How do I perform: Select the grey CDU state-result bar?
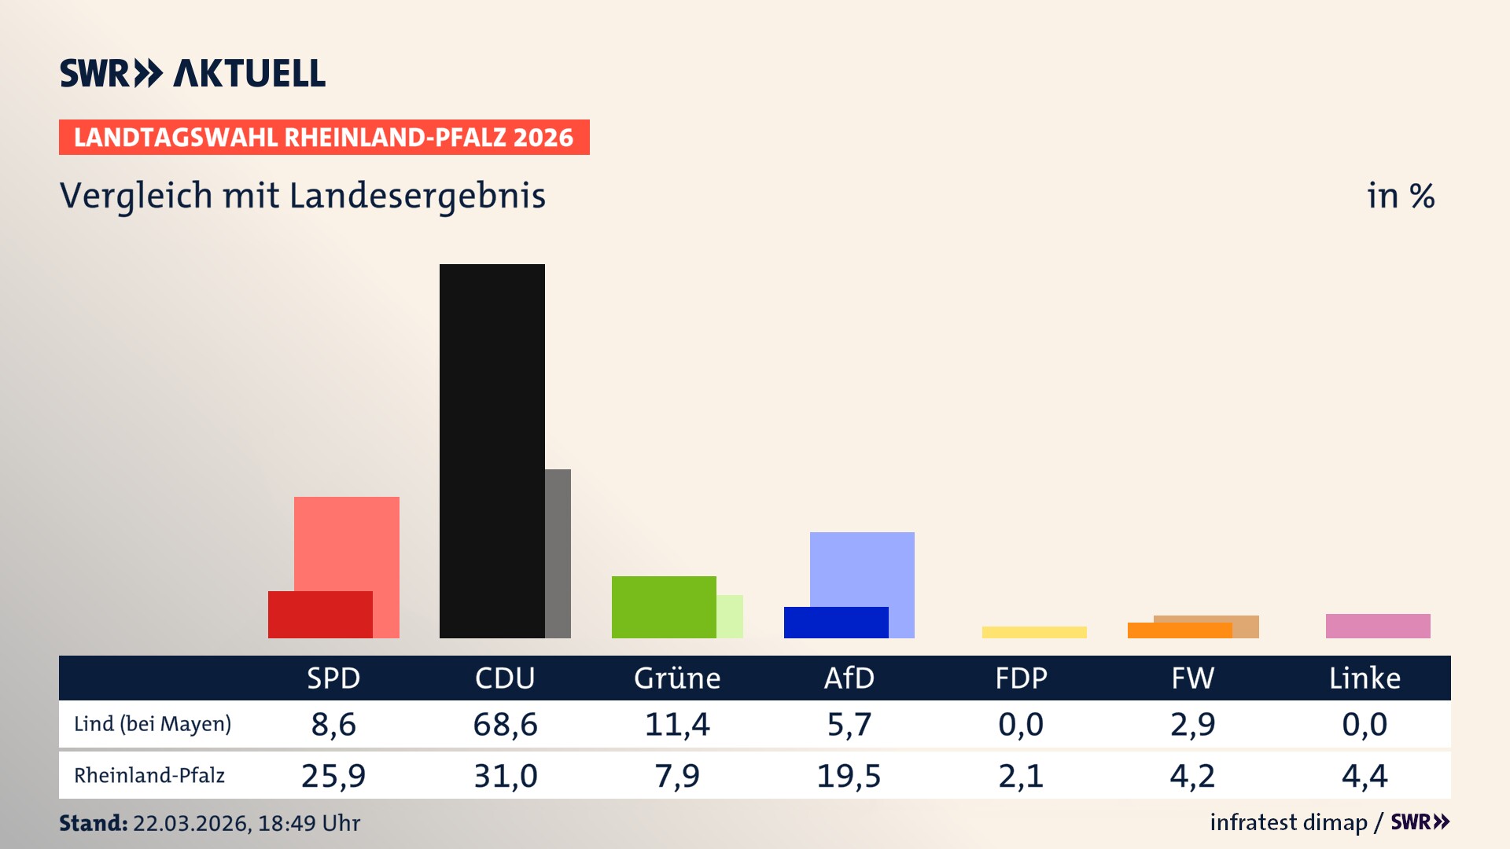[x=558, y=553]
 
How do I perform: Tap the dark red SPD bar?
[x=320, y=615]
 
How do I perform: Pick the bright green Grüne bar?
[x=664, y=607]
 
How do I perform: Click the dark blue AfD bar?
[x=836, y=623]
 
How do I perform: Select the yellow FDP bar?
[x=1034, y=632]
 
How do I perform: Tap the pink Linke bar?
[x=1378, y=626]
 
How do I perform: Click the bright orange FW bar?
[x=1180, y=630]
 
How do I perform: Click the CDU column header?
[x=505, y=678]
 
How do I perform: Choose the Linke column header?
[x=1365, y=678]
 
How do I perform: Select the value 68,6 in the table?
[x=505, y=724]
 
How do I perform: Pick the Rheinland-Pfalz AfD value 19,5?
[x=849, y=776]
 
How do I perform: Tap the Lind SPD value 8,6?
[x=333, y=724]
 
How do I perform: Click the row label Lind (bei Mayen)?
[x=153, y=724]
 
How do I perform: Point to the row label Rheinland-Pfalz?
[x=149, y=776]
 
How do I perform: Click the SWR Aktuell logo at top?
[x=193, y=73]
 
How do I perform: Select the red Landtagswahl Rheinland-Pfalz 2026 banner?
[x=324, y=138]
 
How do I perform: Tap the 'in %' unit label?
[x=1400, y=196]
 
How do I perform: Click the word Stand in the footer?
[x=93, y=823]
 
